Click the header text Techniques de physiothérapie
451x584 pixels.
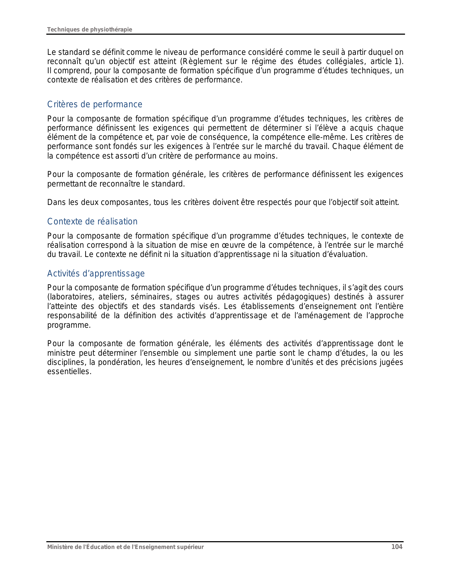click(89, 29)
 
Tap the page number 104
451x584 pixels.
click(397, 547)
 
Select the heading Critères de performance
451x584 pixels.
click(95, 104)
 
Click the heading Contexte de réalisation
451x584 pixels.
click(92, 222)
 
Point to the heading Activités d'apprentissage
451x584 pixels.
click(96, 274)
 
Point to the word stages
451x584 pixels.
click(188, 297)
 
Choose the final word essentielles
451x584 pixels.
click(69, 372)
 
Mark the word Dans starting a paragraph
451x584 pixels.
click(55, 202)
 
